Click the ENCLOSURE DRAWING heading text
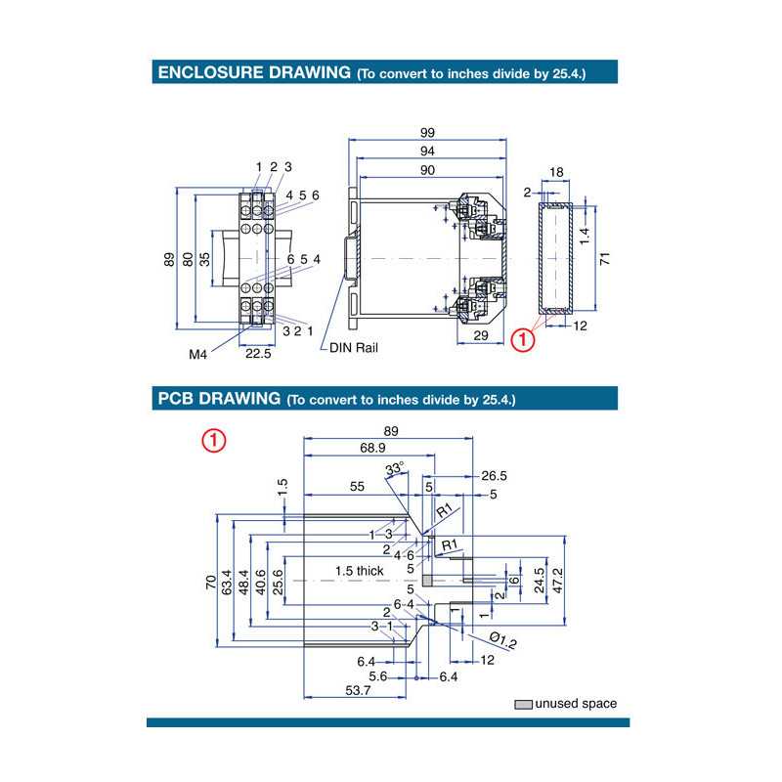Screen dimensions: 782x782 (253, 72)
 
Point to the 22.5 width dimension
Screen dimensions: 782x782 (257, 354)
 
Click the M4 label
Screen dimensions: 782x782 (198, 354)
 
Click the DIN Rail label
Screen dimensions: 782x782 (353, 347)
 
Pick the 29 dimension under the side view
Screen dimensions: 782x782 (482, 335)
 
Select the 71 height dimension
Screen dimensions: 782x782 (605, 259)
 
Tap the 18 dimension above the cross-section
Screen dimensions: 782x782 (555, 172)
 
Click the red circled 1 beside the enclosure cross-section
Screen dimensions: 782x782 (524, 339)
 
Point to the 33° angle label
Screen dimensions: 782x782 (394, 470)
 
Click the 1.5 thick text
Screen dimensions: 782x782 (360, 570)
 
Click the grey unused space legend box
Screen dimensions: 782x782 (524, 704)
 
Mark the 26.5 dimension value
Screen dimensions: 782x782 (494, 476)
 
